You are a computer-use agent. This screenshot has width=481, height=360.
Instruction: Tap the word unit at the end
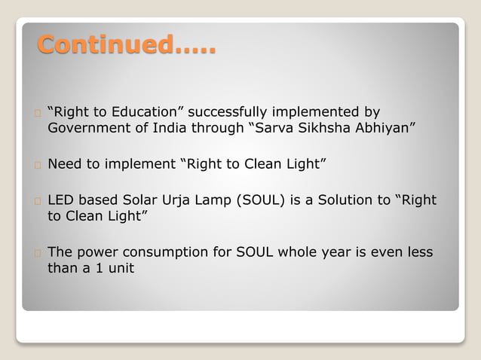tap(119, 267)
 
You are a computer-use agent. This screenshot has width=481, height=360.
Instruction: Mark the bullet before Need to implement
tap(37, 164)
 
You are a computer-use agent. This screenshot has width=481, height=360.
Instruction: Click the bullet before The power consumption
tap(37, 253)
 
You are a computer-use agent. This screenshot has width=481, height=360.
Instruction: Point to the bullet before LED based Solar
tap(37, 202)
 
